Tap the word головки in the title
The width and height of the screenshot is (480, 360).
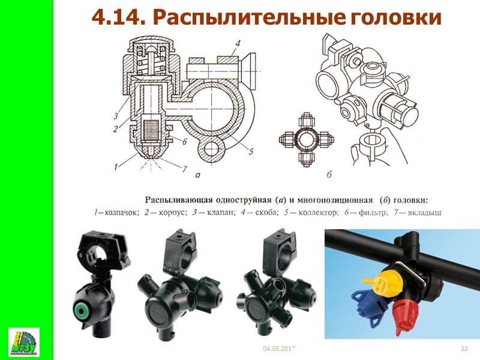[395, 18]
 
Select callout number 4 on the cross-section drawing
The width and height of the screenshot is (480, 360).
[238, 43]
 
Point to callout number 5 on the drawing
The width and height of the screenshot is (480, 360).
[251, 151]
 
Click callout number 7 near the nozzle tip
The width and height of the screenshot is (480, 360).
[184, 169]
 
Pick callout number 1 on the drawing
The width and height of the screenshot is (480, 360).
[116, 167]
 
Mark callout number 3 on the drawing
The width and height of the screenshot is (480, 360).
[116, 116]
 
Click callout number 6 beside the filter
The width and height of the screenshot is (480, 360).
[184, 142]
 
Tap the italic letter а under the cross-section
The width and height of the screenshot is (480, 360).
[198, 175]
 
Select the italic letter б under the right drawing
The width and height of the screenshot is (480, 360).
[329, 175]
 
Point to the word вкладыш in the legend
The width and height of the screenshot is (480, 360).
[425, 212]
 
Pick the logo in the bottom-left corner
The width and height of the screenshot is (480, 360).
[24, 342]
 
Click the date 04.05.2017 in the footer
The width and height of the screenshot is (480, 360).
[279, 349]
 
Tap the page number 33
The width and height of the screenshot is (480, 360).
[464, 349]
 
